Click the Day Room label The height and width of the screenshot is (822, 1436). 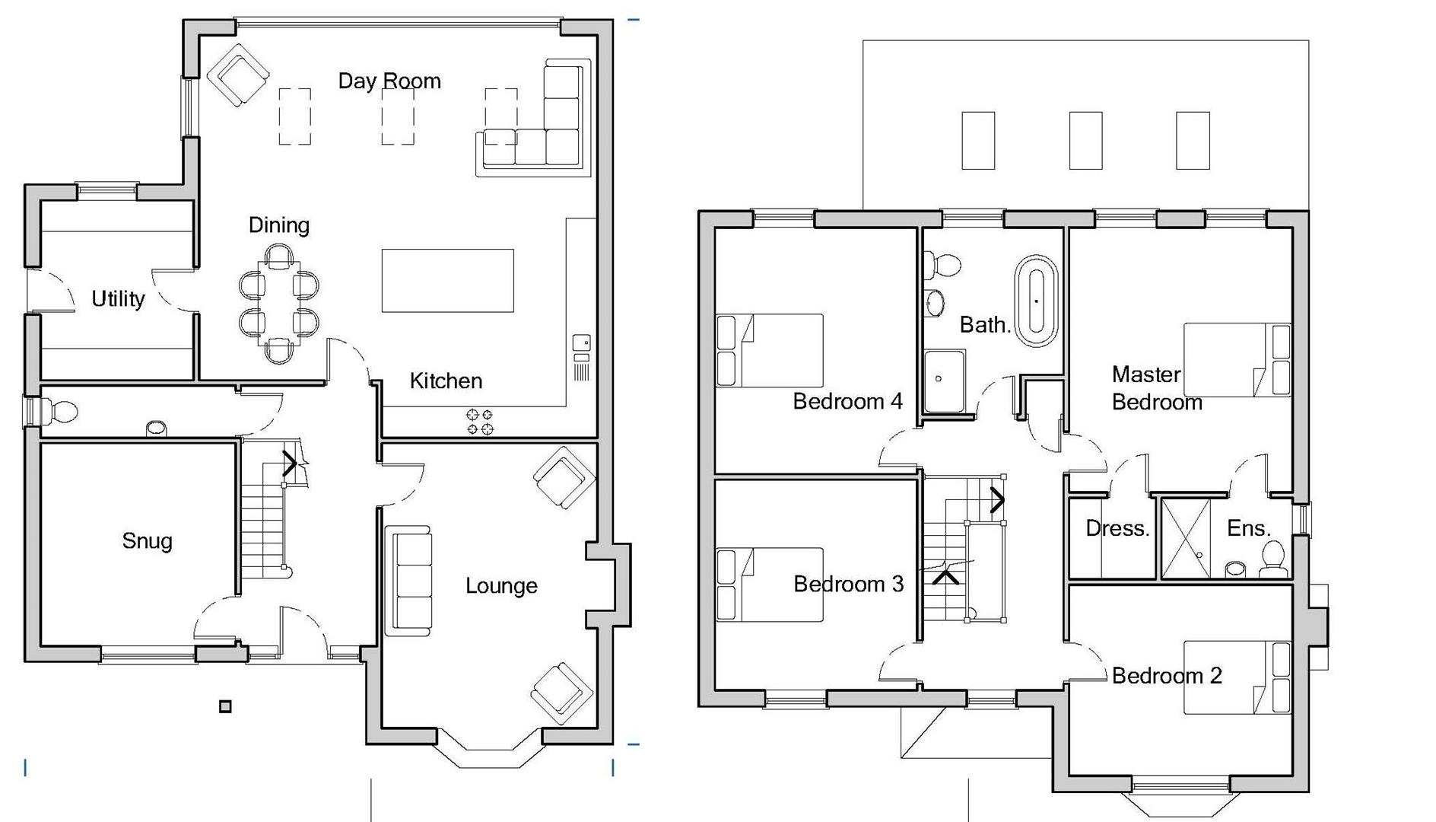[x=389, y=81]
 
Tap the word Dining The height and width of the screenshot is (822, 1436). [x=278, y=225]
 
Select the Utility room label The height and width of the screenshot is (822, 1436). [x=118, y=299]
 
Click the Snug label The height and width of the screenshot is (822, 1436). [x=147, y=541]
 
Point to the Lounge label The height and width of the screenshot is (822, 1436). [x=501, y=586]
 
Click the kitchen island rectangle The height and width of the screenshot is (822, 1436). [x=447, y=280]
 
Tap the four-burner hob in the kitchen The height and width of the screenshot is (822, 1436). [x=479, y=422]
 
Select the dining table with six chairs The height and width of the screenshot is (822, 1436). [x=278, y=303]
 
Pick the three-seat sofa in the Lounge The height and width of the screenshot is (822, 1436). [x=408, y=580]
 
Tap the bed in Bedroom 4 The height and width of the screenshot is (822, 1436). [x=770, y=350]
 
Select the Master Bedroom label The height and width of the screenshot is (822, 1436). [x=1156, y=388]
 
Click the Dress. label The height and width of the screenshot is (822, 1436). [x=1117, y=529]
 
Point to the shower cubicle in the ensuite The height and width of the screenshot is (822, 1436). [x=1186, y=537]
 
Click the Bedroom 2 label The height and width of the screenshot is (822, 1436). [x=1167, y=676]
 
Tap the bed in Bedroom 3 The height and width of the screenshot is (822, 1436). [x=770, y=585]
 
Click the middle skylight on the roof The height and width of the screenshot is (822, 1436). [x=1085, y=141]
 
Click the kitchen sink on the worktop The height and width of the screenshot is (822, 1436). [x=582, y=343]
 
